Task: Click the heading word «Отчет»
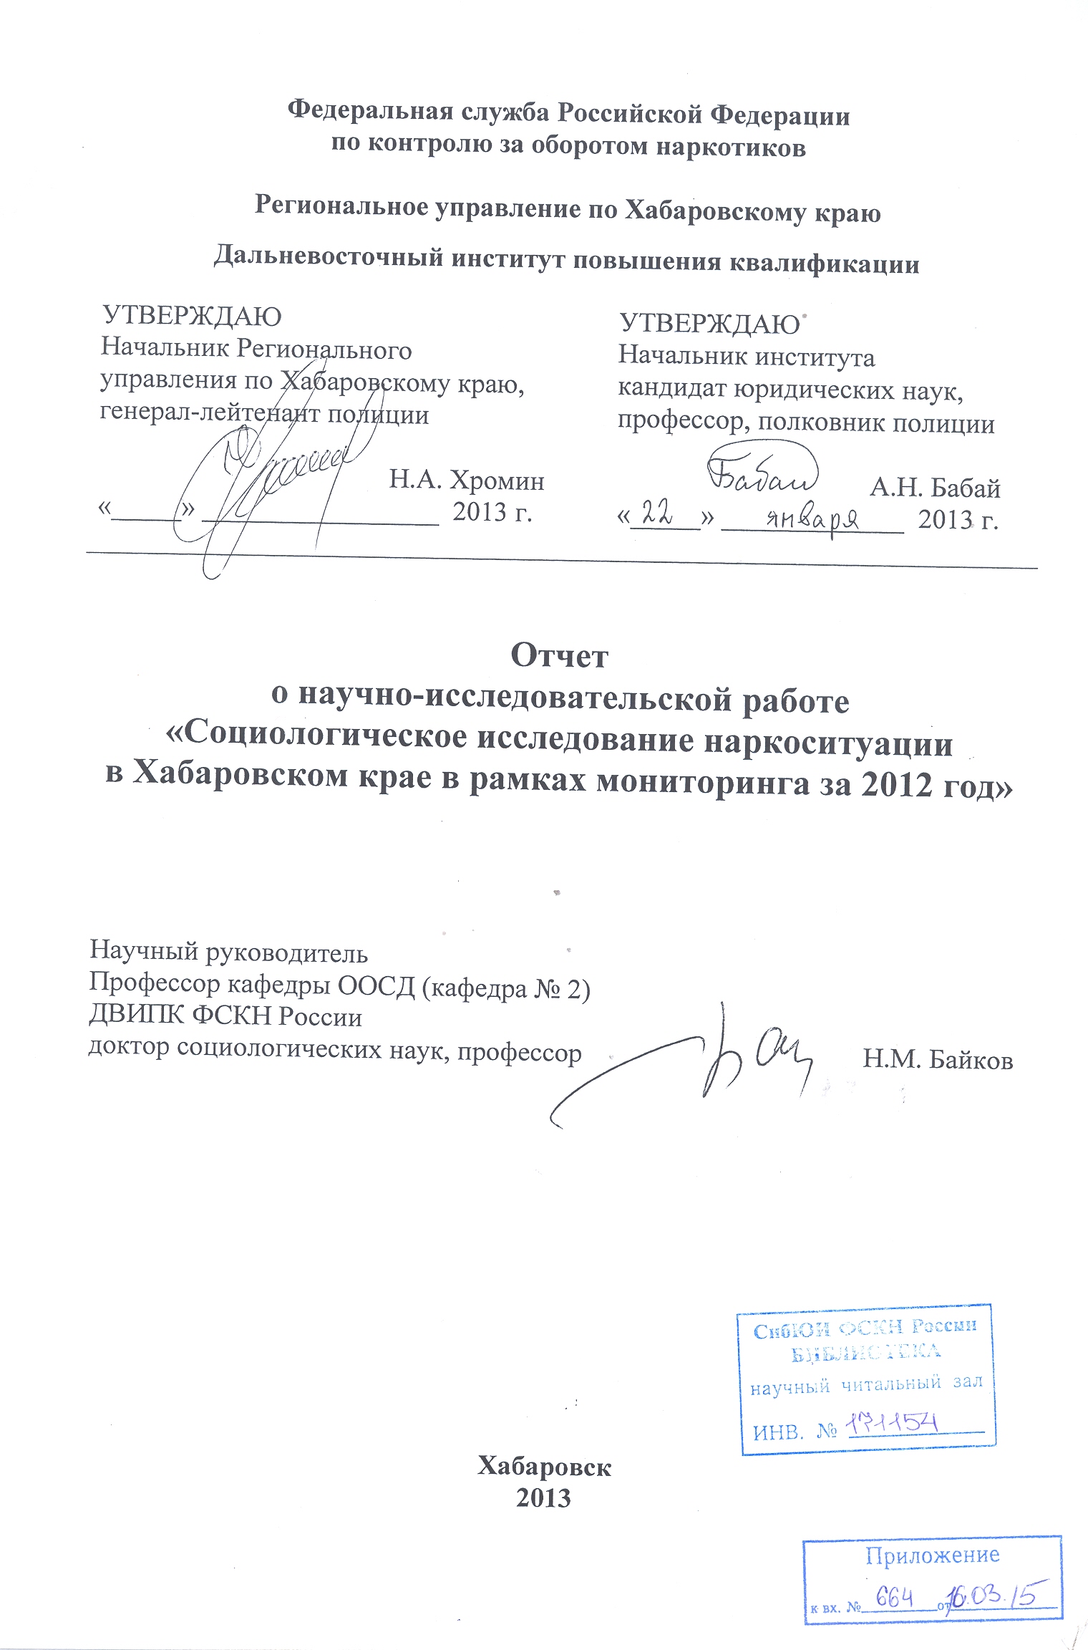(x=559, y=655)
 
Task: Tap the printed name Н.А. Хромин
(x=467, y=480)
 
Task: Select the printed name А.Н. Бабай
(x=935, y=488)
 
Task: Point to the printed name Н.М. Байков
(x=938, y=1059)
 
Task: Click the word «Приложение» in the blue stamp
(x=932, y=1555)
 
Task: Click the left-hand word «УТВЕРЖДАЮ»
(x=192, y=316)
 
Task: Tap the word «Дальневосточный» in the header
(x=329, y=256)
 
